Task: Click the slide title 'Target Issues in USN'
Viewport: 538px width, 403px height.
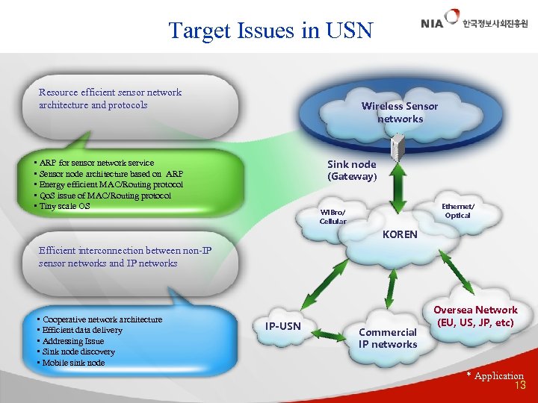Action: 270,31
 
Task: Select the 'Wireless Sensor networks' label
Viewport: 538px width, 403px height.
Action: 400,113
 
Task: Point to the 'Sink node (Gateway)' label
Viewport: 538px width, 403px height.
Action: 352,170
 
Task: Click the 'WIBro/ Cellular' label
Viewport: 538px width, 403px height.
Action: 333,216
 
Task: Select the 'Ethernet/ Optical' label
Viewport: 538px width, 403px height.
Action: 457,211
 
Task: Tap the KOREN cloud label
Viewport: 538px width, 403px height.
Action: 400,234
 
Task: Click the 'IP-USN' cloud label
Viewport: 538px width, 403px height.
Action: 283,326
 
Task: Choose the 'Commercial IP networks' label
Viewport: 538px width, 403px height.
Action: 388,338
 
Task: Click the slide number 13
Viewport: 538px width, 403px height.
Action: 520,386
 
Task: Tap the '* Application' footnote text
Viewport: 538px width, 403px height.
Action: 495,375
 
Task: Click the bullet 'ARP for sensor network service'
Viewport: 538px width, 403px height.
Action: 96,163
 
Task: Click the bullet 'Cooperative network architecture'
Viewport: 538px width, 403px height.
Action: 101,319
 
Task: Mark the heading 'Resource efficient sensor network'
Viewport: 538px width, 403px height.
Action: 110,93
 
